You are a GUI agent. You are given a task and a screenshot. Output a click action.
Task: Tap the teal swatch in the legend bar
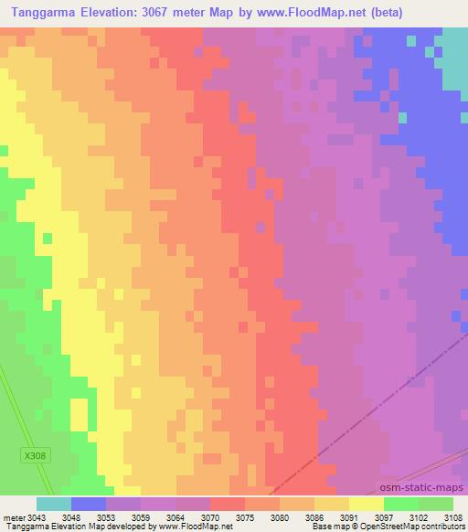(54, 503)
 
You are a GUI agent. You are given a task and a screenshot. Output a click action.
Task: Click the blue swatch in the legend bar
(89, 503)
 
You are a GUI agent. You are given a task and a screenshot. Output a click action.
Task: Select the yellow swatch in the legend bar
(367, 503)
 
